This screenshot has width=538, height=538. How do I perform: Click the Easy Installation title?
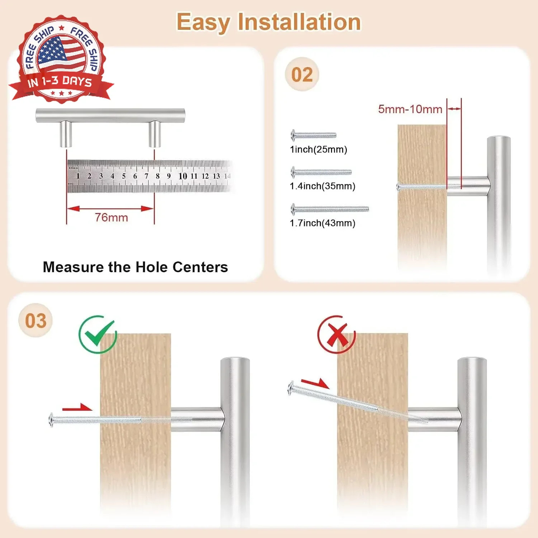[x=269, y=22]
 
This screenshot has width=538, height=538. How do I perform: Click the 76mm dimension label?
[x=111, y=217]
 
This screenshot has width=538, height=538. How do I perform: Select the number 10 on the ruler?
[x=183, y=176]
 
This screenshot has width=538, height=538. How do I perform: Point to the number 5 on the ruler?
[x=124, y=176]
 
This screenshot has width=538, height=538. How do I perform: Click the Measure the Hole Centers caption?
[x=135, y=267]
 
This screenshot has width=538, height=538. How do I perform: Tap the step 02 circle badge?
[x=302, y=74]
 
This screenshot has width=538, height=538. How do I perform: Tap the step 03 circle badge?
[x=36, y=320]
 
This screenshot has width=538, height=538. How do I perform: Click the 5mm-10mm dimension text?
[x=410, y=109]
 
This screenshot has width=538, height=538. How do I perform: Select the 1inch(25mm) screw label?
[x=318, y=150]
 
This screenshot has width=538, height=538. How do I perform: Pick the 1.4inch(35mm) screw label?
[x=322, y=186]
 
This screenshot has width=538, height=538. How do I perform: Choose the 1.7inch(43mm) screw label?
[x=322, y=223]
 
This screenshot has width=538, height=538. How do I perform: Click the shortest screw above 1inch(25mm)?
[x=313, y=135]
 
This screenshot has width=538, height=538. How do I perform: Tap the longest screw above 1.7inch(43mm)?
[x=330, y=209]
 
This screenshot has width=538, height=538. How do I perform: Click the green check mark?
[x=98, y=334]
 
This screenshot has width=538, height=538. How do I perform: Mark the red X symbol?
[x=336, y=334]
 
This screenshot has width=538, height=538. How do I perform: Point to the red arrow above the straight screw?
[x=77, y=407]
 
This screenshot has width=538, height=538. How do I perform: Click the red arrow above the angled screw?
[x=315, y=383]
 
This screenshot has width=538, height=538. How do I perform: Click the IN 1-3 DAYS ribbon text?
[x=60, y=82]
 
